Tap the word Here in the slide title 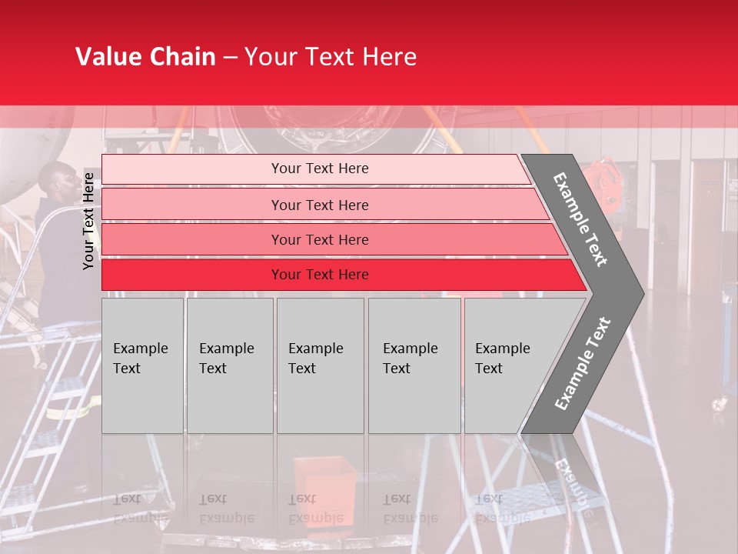tap(389, 57)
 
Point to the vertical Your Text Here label tap(88, 221)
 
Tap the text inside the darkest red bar tap(320, 275)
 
